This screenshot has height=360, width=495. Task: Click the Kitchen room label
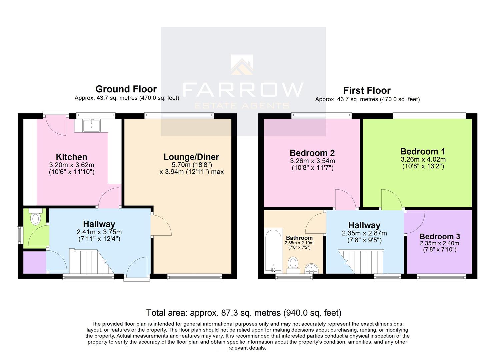click(71, 157)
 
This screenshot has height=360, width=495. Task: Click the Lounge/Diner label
click(191, 157)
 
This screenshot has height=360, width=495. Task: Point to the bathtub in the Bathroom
click(273, 250)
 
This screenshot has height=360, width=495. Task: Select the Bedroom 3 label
click(440, 236)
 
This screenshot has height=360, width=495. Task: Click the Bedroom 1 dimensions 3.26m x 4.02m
click(423, 160)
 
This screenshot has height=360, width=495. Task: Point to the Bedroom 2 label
click(312, 153)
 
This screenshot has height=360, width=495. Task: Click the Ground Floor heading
click(126, 89)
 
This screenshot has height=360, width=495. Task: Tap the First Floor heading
click(367, 91)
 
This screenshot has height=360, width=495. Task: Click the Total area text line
click(244, 313)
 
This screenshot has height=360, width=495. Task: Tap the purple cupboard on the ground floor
click(34, 262)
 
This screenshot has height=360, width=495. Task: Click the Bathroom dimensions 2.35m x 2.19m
click(299, 243)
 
